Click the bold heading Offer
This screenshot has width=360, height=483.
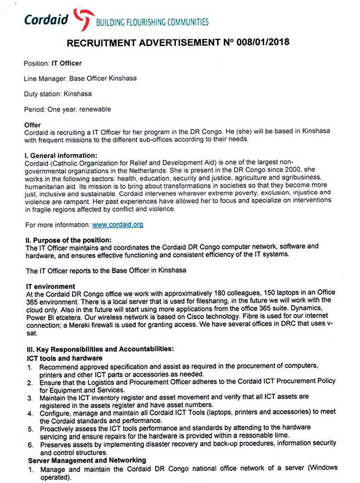tap(33, 125)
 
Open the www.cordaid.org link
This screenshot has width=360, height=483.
tap(118, 224)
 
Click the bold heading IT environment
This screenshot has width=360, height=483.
tap(51, 286)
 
